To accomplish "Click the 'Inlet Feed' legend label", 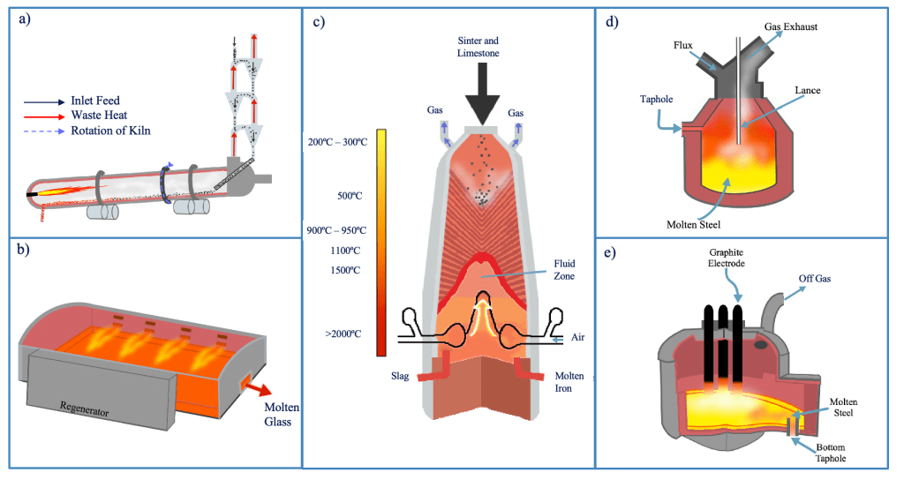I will pos(94,101).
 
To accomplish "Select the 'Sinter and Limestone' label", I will pos(479,48).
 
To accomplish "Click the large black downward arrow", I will pos(479,95).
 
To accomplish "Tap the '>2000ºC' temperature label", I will pos(343,334).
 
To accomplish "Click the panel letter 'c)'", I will pos(320,23).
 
